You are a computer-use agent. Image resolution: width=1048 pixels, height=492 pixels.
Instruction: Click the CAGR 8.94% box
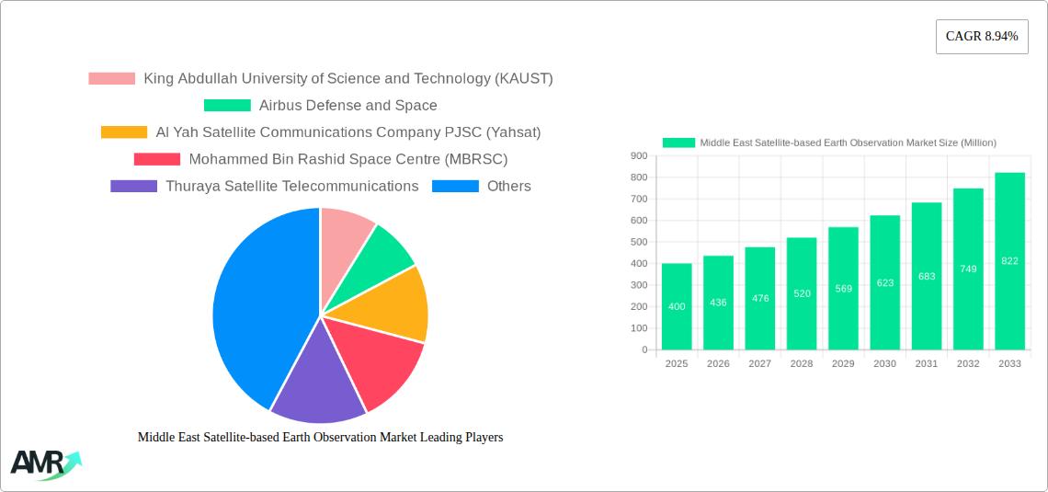coord(981,37)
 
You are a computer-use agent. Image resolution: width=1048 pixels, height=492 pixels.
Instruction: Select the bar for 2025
coord(677,306)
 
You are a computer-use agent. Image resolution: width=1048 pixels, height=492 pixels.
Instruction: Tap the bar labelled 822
coord(1009,261)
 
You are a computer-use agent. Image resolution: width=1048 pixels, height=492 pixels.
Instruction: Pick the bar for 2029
coord(843,288)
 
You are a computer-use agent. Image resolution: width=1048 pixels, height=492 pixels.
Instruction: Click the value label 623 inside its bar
coord(885,283)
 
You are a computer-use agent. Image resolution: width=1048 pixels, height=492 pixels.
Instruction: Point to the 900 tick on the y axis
coord(639,156)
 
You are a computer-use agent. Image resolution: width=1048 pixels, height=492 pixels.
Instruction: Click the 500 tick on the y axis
coord(639,242)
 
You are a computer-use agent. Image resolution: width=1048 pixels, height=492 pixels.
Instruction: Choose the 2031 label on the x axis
coord(927,364)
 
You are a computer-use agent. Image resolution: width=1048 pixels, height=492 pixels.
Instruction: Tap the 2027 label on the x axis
coord(760,364)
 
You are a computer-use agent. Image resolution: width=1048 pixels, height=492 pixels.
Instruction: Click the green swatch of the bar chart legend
coord(678,143)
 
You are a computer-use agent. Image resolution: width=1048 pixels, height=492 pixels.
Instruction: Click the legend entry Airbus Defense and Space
coord(347,106)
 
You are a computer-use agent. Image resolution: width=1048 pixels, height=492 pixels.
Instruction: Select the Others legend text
coord(508,186)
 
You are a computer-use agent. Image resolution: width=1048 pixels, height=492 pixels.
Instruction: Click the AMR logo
coord(44,463)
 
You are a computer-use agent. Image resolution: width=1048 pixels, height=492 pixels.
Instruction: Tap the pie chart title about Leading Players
coord(320,438)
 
